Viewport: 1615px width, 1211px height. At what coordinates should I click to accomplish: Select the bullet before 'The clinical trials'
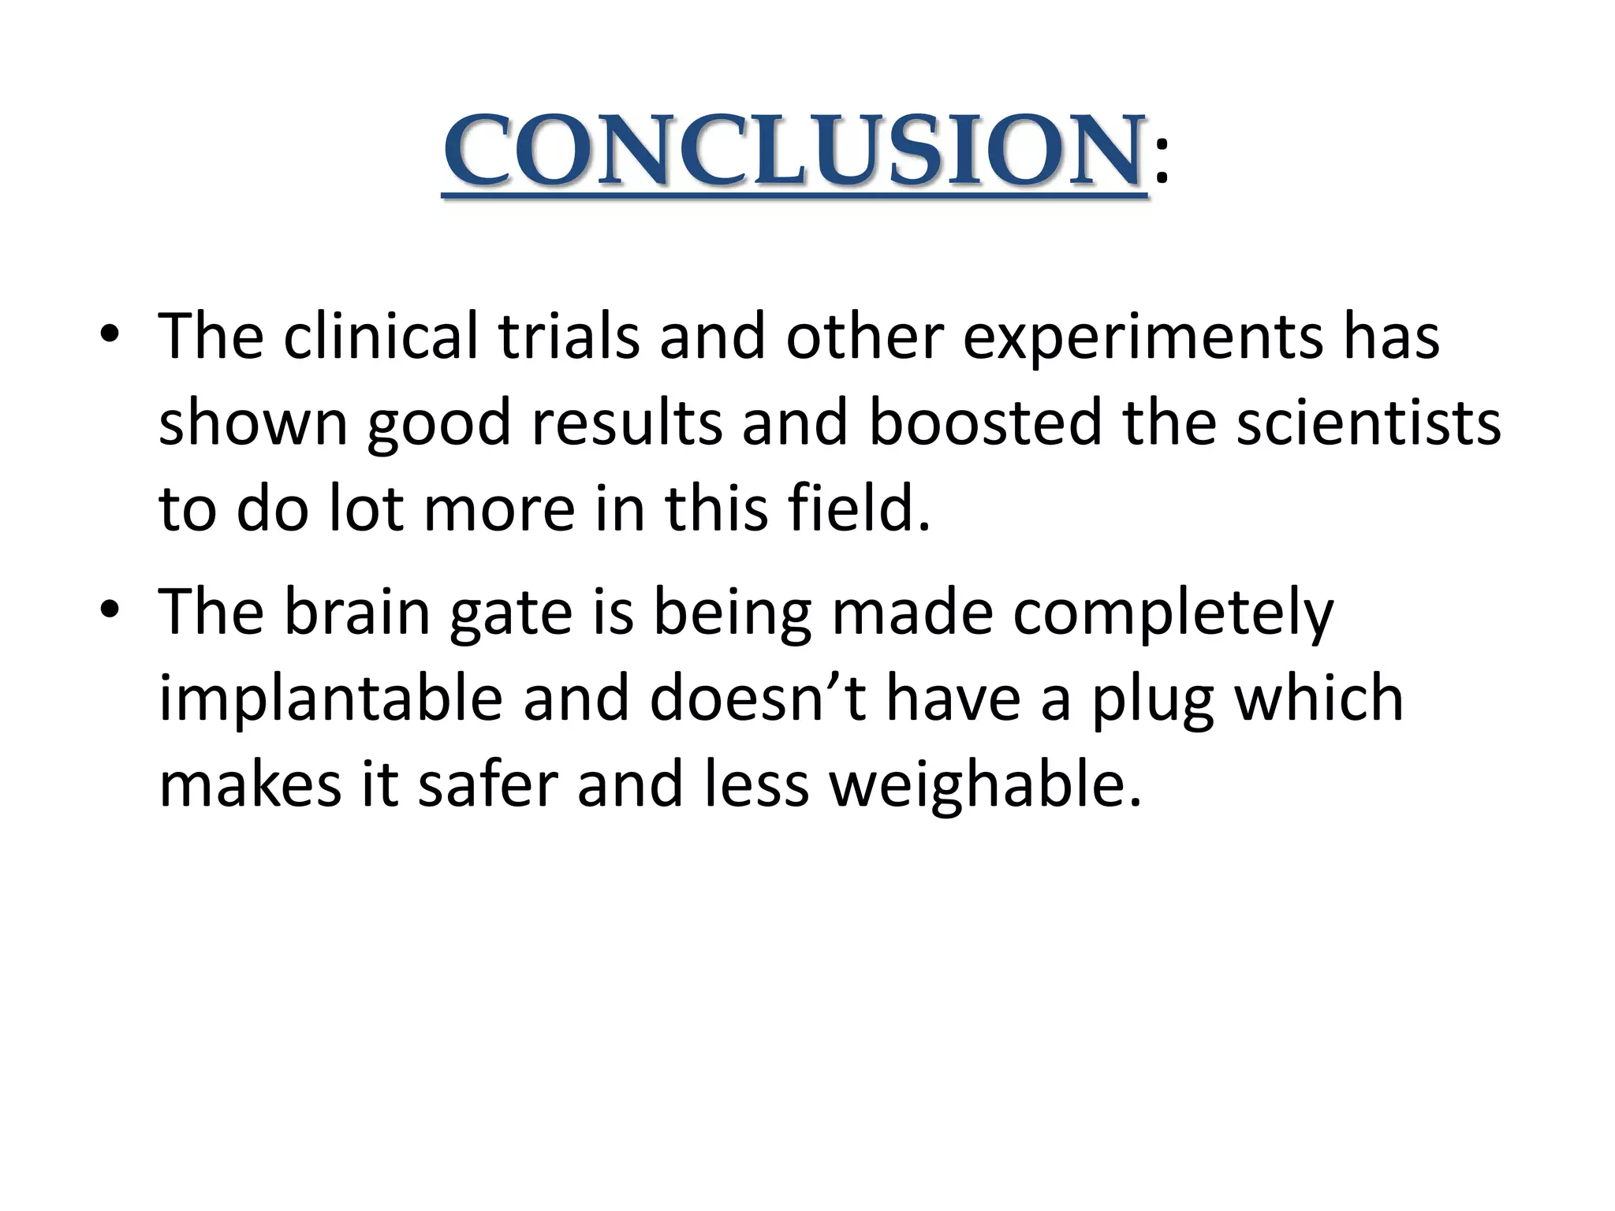[x=110, y=337]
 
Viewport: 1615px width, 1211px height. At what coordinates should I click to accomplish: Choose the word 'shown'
[x=253, y=423]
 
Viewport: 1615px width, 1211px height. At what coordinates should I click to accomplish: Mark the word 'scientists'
[x=1367, y=423]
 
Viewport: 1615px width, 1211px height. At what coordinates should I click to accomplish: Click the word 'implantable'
[x=330, y=700]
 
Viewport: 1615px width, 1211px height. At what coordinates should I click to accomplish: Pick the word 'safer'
[x=488, y=784]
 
